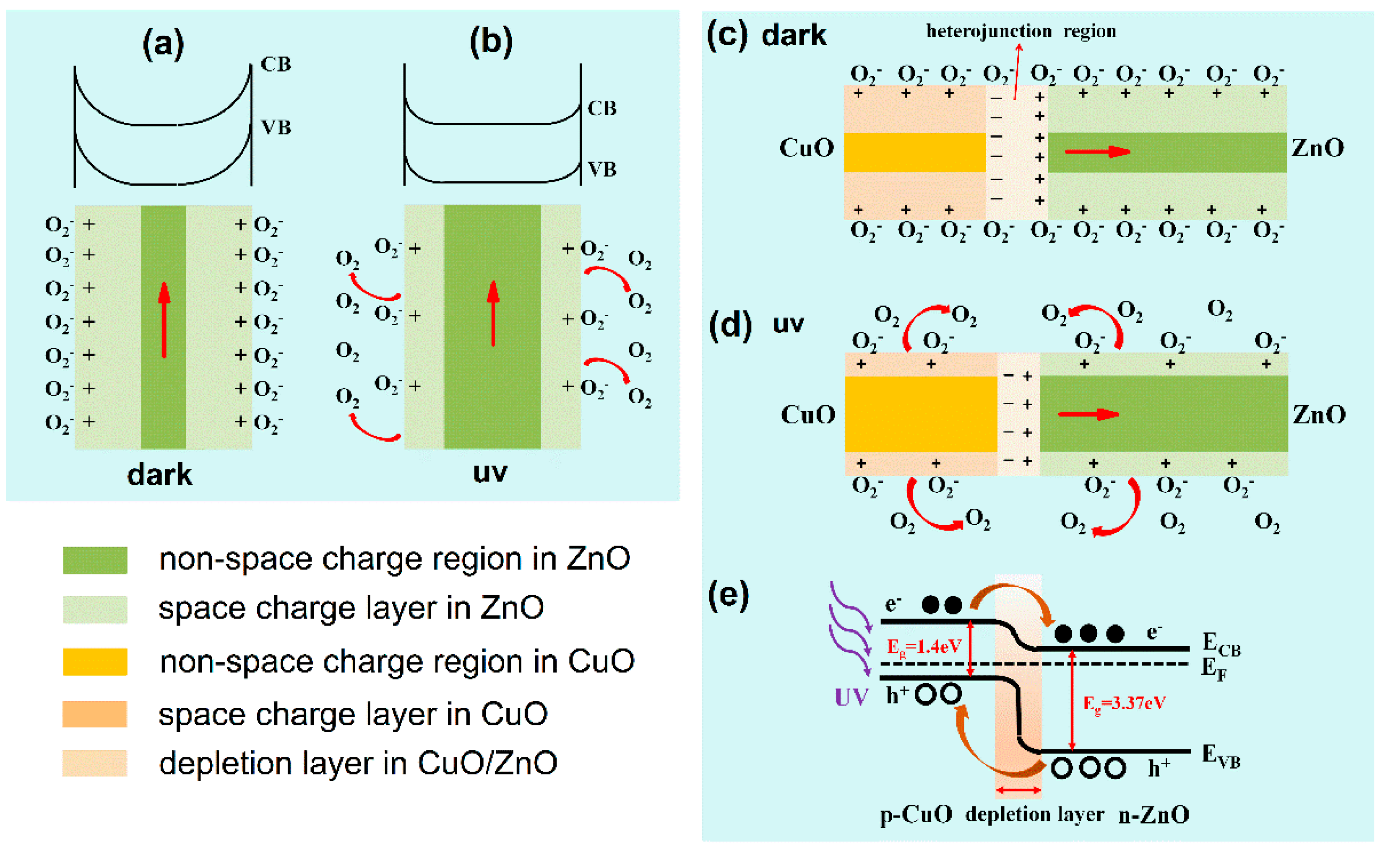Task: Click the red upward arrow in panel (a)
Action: [164, 319]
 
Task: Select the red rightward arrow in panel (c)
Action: [1097, 152]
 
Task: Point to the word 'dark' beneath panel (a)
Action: [159, 475]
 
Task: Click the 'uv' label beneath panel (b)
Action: [490, 472]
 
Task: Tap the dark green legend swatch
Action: [95, 560]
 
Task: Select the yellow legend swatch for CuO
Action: [95, 662]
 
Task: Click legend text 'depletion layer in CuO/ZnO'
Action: [358, 764]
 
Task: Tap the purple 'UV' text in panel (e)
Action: [851, 697]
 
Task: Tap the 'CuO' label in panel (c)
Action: [806, 148]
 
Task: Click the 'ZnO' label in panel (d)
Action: [1318, 415]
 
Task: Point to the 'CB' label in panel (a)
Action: [276, 65]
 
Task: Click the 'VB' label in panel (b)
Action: [601, 169]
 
